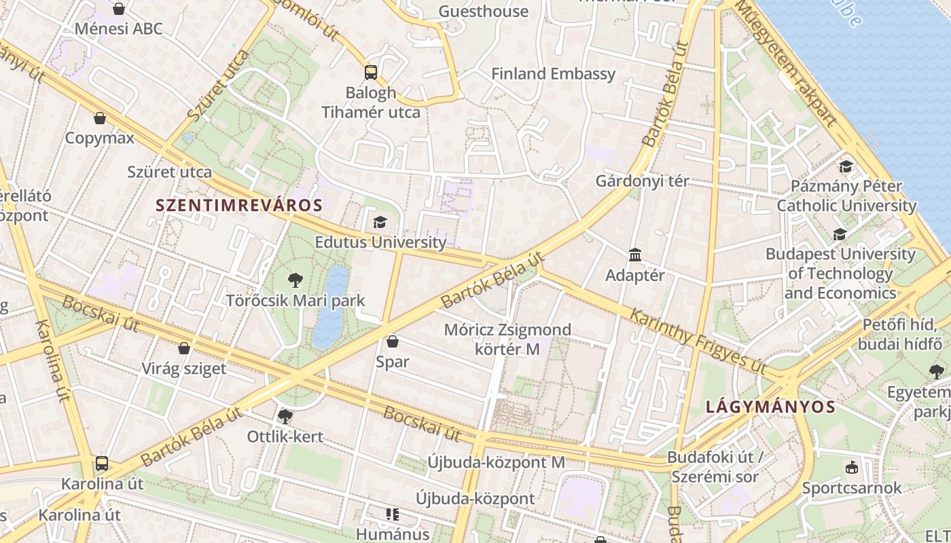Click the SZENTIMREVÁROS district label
tap(238, 204)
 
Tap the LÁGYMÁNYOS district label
tap(770, 407)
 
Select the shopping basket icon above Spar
tap(392, 341)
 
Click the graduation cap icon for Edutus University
tap(380, 222)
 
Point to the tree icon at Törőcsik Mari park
tap(295, 280)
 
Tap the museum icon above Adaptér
tap(635, 255)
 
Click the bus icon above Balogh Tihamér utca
tap(370, 72)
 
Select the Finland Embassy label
tap(553, 73)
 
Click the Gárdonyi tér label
tap(642, 181)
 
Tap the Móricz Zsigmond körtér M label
tap(507, 339)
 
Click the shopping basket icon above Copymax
tap(100, 118)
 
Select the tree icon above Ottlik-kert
tap(285, 416)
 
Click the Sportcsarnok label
tap(852, 487)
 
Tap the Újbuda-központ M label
tap(496, 462)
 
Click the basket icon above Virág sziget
tap(183, 348)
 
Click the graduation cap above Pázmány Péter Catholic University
tap(846, 166)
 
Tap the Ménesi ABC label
tap(119, 29)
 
